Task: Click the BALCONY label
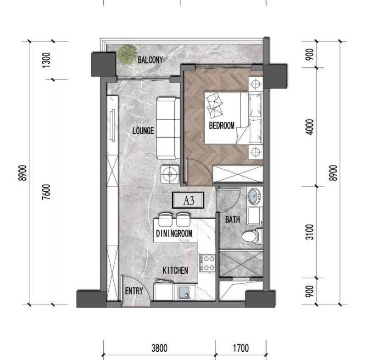point(150,60)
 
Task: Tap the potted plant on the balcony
point(127,55)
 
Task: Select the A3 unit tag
point(188,200)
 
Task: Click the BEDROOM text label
point(222,126)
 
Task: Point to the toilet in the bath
point(252,236)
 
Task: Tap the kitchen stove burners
point(207,263)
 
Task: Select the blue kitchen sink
point(184,293)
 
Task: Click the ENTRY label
point(134,291)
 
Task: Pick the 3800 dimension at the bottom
point(159,348)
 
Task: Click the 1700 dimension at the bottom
point(241,348)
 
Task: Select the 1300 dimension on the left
point(46,60)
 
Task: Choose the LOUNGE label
point(143,131)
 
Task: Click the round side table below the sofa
point(170,174)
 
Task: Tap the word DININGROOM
point(174,233)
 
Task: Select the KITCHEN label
point(175,271)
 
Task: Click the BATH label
point(233,220)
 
